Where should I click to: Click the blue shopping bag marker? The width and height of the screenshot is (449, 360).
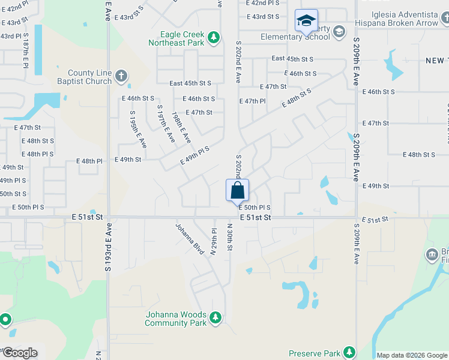[x=237, y=191]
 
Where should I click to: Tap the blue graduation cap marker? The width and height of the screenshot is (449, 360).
[x=306, y=22]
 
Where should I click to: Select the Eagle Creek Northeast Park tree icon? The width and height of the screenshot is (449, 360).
[x=213, y=38]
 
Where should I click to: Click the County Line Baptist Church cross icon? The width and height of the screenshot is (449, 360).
[x=121, y=76]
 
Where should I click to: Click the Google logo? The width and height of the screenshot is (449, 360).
[x=19, y=353]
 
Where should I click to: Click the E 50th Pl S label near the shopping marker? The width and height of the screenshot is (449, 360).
[x=255, y=208]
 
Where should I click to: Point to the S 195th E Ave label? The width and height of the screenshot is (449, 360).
[x=138, y=129]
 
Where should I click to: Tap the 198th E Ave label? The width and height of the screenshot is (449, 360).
[x=181, y=127]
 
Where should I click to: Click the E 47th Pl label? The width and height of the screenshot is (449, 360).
[x=252, y=101]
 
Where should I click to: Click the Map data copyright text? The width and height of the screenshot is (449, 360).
[x=411, y=355]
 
